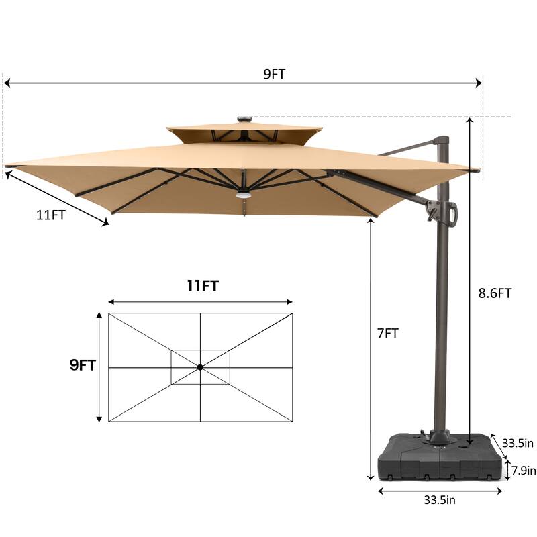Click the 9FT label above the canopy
click(274, 75)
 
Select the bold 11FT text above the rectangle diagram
click(202, 286)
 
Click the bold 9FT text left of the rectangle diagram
click(83, 366)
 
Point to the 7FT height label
click(387, 333)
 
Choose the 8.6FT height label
click(494, 293)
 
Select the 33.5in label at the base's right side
click(518, 443)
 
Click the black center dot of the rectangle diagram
click(200, 367)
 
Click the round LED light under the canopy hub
click(242, 196)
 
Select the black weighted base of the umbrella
click(440, 458)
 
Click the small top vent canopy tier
click(244, 132)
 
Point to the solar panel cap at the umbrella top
click(244, 120)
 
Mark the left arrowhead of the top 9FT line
click(7, 83)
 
